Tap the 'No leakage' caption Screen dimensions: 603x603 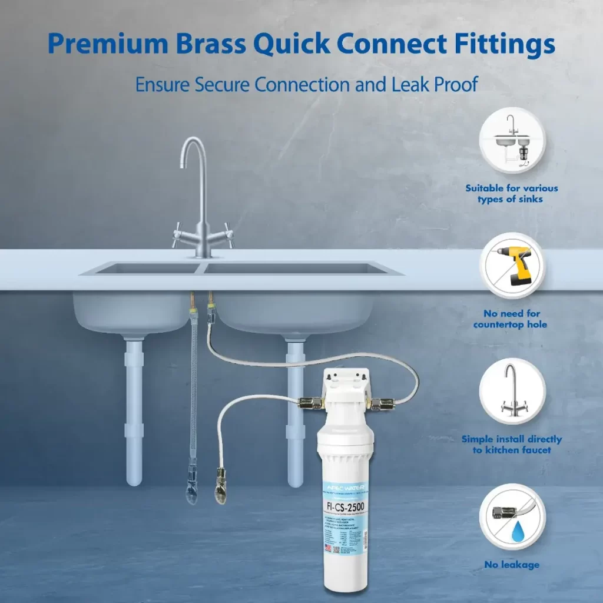(512, 565)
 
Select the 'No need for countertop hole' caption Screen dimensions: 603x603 (512, 319)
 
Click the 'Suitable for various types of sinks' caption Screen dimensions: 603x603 (512, 193)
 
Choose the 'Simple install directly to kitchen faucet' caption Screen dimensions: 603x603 (512, 444)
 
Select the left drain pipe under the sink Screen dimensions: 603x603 (134, 412)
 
